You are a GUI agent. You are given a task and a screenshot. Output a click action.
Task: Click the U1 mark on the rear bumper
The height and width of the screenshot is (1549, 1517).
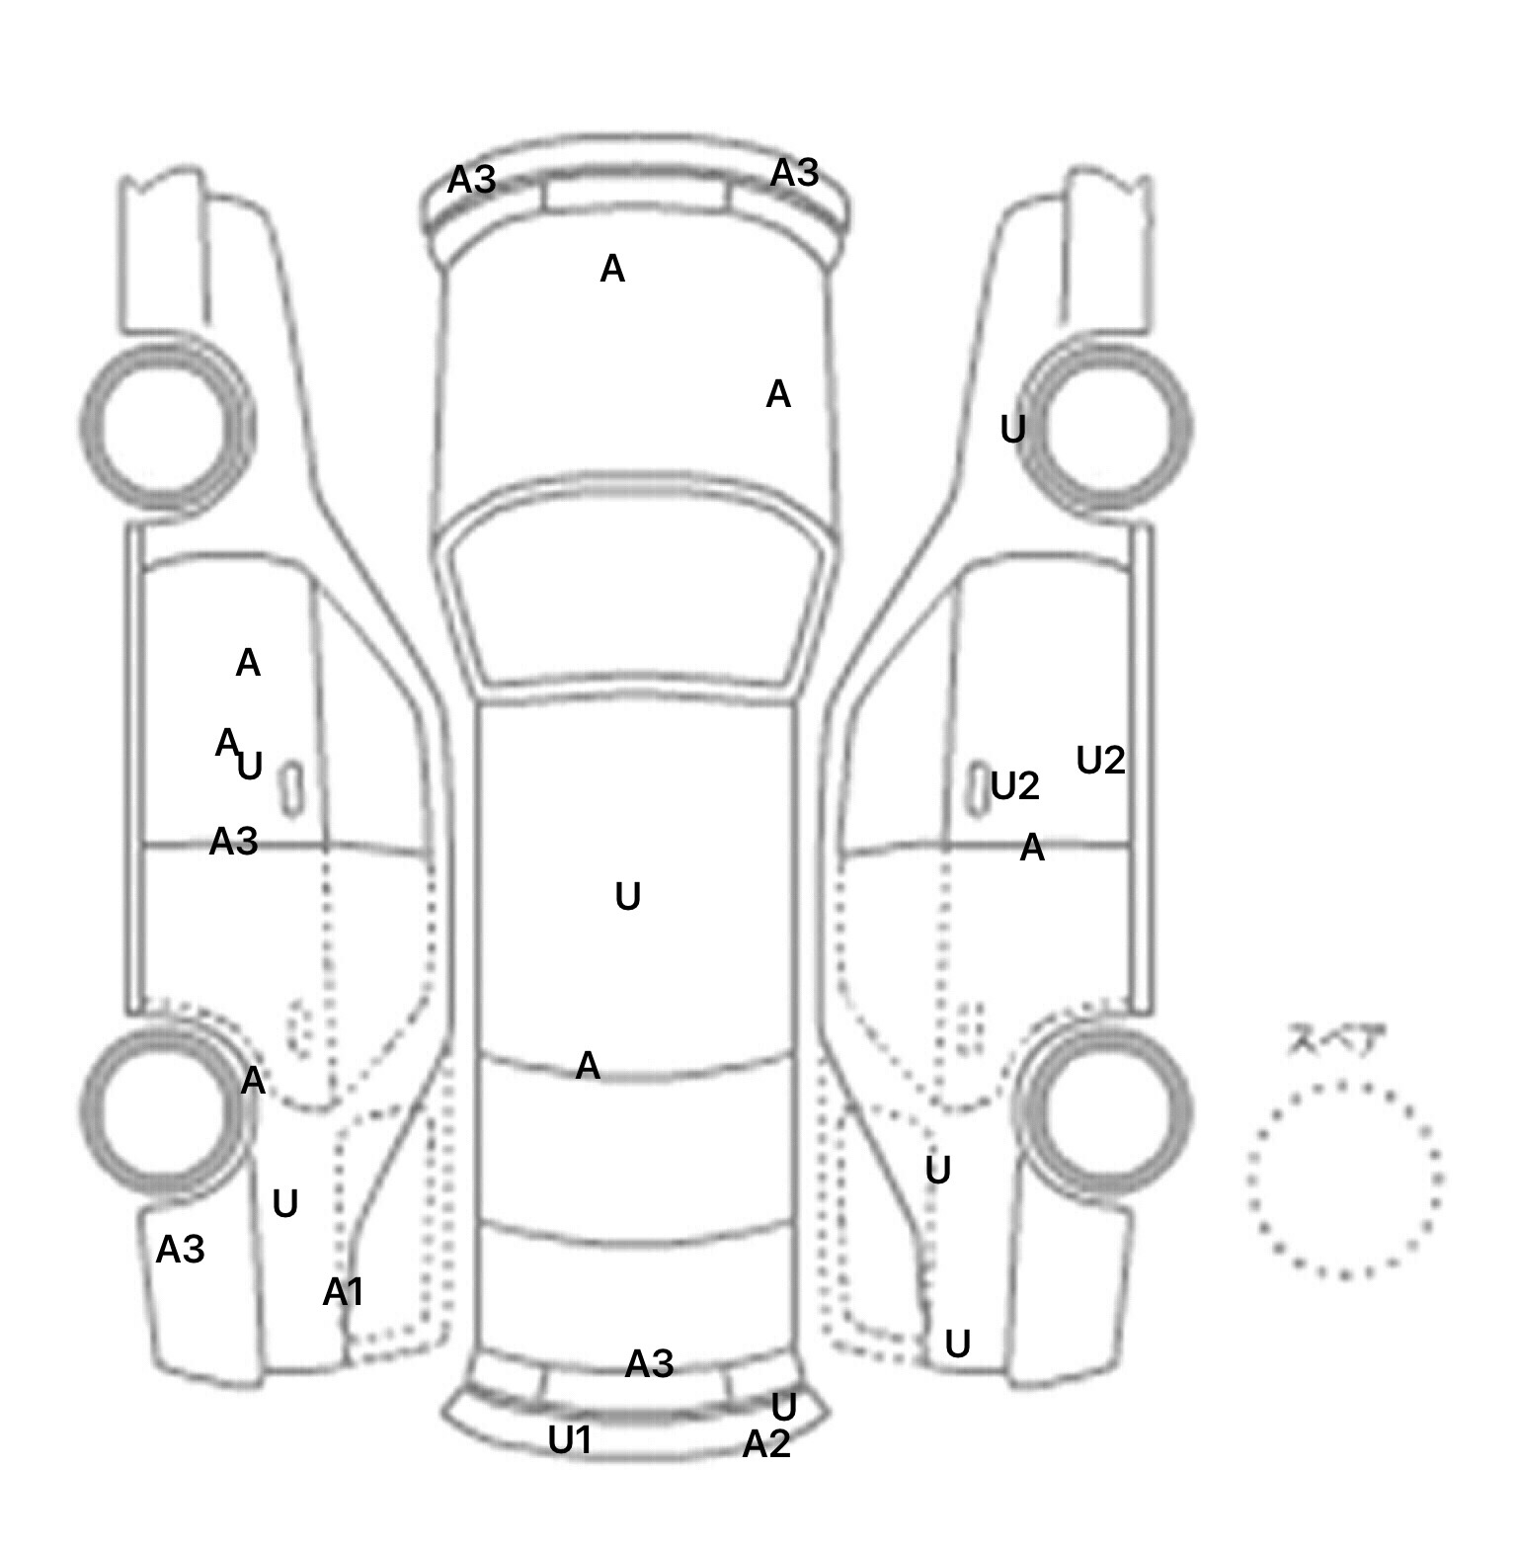click(570, 1439)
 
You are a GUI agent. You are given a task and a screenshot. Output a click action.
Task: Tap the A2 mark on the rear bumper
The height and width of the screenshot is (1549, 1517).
click(766, 1444)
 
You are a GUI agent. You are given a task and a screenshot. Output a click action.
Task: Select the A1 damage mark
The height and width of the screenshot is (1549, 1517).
click(344, 1291)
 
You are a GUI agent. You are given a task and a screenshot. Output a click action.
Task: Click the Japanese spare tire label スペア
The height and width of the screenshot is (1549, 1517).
click(1336, 1040)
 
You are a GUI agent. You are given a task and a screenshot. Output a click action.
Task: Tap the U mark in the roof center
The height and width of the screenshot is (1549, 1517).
click(628, 896)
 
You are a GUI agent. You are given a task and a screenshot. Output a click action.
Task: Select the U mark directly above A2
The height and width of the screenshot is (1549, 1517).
click(783, 1407)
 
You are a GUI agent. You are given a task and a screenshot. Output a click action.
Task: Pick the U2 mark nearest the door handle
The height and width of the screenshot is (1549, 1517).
click(1015, 786)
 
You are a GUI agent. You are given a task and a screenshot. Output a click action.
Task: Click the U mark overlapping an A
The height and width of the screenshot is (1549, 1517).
click(250, 766)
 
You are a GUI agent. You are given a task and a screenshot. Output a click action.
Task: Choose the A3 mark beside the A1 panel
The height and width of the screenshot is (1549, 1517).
click(180, 1250)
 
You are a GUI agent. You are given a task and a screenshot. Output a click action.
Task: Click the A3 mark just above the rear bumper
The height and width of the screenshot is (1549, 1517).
click(649, 1364)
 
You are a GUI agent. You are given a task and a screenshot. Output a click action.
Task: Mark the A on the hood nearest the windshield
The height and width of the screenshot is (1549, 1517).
click(778, 394)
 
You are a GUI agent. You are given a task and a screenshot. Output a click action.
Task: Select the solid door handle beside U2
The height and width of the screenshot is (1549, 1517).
click(977, 789)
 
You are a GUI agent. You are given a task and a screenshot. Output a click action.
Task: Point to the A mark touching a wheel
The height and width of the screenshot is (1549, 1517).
click(253, 1081)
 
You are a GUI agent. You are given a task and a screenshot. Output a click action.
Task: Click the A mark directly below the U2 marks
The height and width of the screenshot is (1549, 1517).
click(1032, 847)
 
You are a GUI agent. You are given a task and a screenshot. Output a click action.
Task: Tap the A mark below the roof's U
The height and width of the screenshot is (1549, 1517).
click(588, 1065)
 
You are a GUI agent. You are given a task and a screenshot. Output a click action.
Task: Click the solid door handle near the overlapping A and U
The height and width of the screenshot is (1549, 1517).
click(292, 788)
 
